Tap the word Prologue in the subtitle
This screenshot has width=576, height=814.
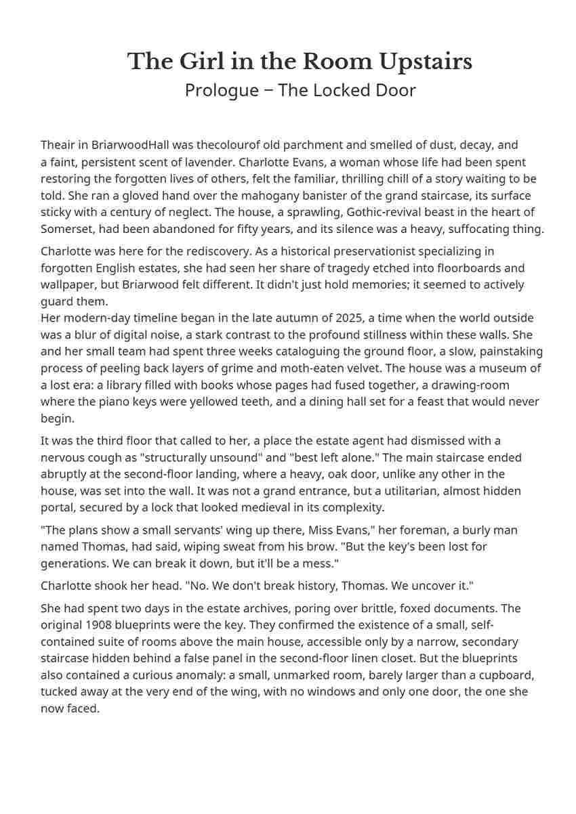click(x=215, y=90)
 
